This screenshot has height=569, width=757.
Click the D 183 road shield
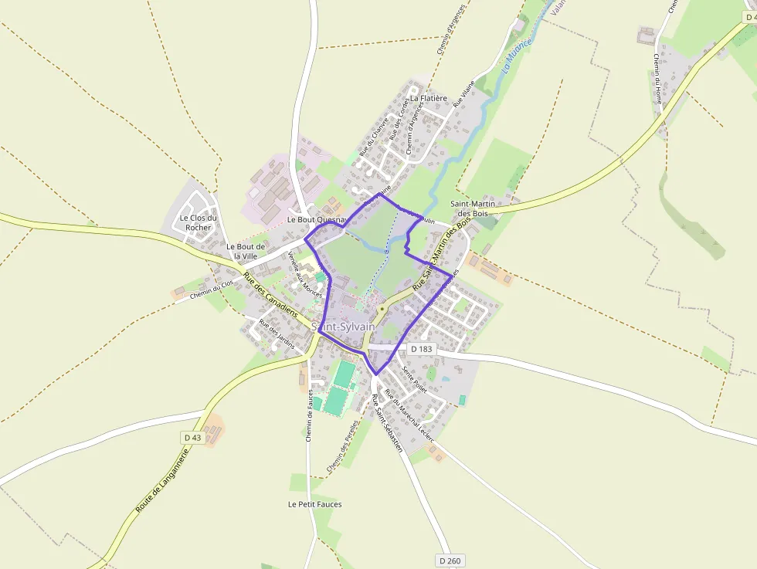(421, 349)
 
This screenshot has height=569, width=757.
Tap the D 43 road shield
(192, 438)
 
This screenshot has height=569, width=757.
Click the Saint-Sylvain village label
(344, 327)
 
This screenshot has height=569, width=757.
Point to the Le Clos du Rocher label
(198, 222)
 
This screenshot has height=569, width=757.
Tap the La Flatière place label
(429, 98)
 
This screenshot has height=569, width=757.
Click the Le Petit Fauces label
(314, 504)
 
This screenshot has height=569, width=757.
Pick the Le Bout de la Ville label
(246, 251)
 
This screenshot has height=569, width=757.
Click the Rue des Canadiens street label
(270, 296)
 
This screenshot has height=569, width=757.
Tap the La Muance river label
(518, 55)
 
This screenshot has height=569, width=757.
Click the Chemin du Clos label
(211, 289)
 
